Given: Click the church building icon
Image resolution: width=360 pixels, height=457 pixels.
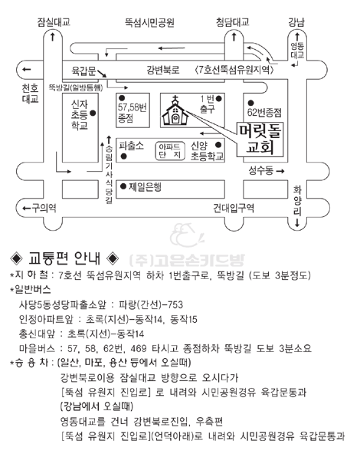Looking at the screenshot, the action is click(x=175, y=111).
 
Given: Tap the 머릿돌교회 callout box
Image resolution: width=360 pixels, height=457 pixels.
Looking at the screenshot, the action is click(x=260, y=140).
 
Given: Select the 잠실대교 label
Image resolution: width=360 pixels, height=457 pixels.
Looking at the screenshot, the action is click(x=54, y=22).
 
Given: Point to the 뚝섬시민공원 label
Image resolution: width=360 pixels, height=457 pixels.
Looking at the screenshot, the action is click(x=149, y=22).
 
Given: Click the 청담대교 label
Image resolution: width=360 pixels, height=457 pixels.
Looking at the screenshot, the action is click(x=233, y=22).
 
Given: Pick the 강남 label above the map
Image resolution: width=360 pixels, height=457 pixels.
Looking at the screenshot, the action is click(x=296, y=22).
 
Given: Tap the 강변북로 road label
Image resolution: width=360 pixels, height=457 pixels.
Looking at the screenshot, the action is click(x=163, y=70).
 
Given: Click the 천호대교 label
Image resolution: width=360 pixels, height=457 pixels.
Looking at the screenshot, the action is click(x=31, y=94).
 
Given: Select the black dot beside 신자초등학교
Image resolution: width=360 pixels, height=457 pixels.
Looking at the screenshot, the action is click(x=93, y=113).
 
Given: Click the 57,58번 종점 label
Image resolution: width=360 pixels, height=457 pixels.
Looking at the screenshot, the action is click(x=132, y=113).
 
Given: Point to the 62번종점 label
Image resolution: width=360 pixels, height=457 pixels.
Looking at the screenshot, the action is click(x=264, y=113).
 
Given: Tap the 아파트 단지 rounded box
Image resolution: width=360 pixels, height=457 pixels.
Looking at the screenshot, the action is click(x=170, y=151).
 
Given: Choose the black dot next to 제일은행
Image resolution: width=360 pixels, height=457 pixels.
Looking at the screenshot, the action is click(x=123, y=186).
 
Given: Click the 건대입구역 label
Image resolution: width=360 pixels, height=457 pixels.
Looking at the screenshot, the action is click(x=234, y=208).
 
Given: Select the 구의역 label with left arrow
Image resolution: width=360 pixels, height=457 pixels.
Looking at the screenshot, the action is click(x=40, y=208).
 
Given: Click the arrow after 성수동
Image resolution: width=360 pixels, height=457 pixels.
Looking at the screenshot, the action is click(x=280, y=171).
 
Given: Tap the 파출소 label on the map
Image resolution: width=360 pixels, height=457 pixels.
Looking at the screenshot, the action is click(x=132, y=146).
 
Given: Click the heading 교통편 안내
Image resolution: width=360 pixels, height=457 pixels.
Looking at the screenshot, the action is click(x=64, y=258).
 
